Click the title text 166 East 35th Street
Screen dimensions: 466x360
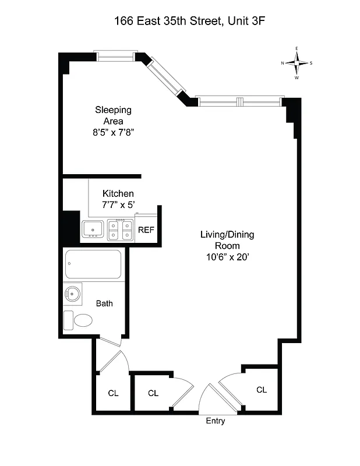[x=166, y=21]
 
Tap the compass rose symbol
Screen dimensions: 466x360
[x=297, y=63]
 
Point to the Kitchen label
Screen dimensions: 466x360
[x=118, y=193]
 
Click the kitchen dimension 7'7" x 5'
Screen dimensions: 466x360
[x=118, y=204]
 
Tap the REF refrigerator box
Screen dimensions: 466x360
[x=146, y=230]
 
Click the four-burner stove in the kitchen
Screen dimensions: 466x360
[x=120, y=230]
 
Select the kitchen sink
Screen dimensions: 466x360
[x=93, y=230]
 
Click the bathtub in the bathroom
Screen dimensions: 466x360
[x=93, y=264]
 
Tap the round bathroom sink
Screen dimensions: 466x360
[x=73, y=294]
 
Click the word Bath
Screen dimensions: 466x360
[x=105, y=303]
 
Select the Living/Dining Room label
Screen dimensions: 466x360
[x=227, y=240]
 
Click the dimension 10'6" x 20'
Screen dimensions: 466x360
[x=227, y=257]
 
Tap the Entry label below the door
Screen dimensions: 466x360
[x=216, y=421]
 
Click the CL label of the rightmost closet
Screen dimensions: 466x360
[x=262, y=390]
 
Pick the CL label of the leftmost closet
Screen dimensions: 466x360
[x=113, y=393]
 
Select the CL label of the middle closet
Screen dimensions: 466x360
[x=153, y=393]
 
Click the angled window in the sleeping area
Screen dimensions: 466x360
[x=165, y=77]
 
